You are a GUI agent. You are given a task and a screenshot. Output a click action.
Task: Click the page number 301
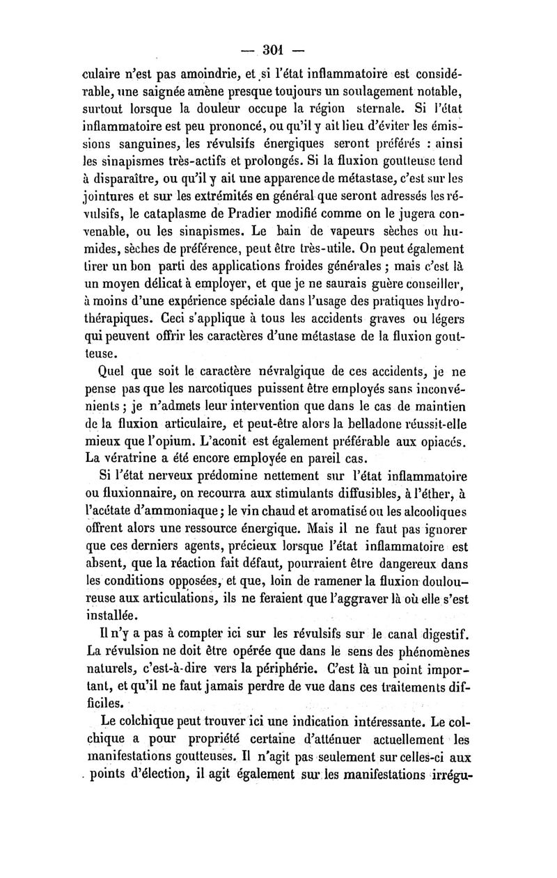pyautogui.click(x=276, y=49)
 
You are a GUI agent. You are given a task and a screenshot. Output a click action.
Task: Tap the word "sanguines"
pyautogui.click(x=155, y=146)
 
